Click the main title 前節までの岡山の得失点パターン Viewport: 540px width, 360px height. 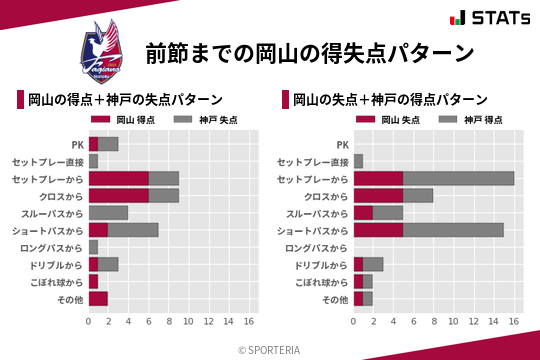309,52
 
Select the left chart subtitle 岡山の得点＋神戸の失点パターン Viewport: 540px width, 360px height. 125,100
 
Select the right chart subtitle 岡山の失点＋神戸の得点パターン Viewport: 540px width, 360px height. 390,100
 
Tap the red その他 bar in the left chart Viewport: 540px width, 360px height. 98,299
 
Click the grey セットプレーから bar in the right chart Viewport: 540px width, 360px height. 458,178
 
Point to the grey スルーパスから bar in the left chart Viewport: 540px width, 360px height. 108,212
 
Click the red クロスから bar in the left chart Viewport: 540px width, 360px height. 118,195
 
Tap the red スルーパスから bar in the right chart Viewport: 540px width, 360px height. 363,212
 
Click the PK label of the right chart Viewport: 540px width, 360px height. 342,145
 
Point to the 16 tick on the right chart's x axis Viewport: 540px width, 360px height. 514,322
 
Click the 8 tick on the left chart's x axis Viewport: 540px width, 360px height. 169,322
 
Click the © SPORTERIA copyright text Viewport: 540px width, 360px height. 270,349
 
